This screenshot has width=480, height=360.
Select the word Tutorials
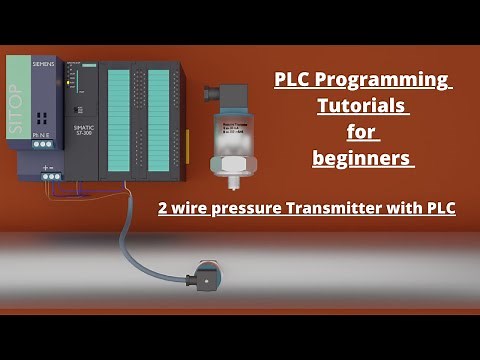click(363, 105)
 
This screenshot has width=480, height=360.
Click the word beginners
click(362, 157)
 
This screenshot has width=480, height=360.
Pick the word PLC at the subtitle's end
click(438, 208)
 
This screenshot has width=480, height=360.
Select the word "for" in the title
click(362, 131)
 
